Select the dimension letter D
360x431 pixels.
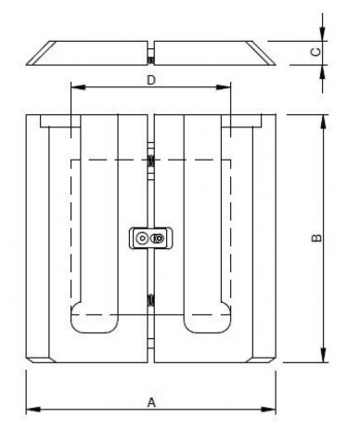coord(150,80)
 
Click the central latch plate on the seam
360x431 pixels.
coord(150,239)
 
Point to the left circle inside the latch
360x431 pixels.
coord(141,239)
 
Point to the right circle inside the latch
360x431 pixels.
coord(159,239)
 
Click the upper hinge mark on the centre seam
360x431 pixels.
coord(150,160)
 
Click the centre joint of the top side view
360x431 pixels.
coord(150,54)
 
